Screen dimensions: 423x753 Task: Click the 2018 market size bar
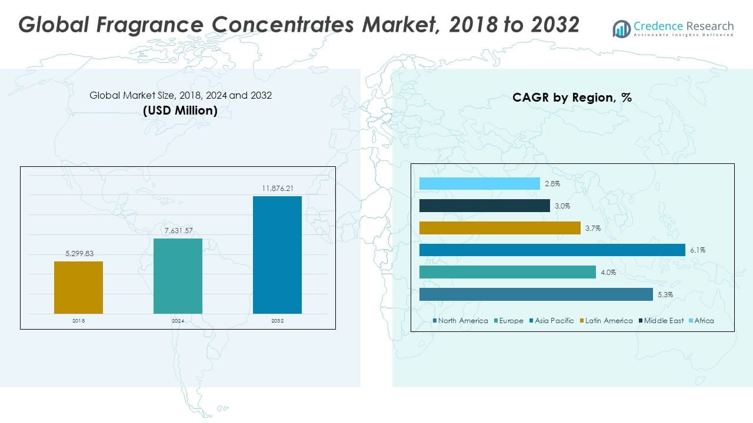tap(78, 287)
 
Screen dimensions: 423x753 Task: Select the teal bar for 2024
tap(178, 276)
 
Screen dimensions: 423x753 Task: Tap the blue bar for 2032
tap(277, 254)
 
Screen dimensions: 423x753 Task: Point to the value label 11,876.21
tap(277, 189)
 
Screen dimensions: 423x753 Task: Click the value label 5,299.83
tap(78, 254)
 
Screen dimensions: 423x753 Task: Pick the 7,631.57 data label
tap(178, 231)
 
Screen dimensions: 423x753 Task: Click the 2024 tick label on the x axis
tap(178, 321)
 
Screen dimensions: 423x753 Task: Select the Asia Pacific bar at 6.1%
tap(552, 250)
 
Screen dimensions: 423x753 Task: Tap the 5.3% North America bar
tap(536, 294)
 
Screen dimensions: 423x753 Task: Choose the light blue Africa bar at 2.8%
tap(479, 184)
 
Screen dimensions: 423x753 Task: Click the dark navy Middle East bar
tap(484, 206)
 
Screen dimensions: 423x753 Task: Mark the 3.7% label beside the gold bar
tap(593, 229)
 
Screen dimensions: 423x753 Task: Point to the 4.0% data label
tap(608, 273)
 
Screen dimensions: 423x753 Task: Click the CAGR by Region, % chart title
tap(572, 98)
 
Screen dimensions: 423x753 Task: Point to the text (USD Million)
tap(180, 110)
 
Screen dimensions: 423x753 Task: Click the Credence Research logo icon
tap(621, 29)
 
